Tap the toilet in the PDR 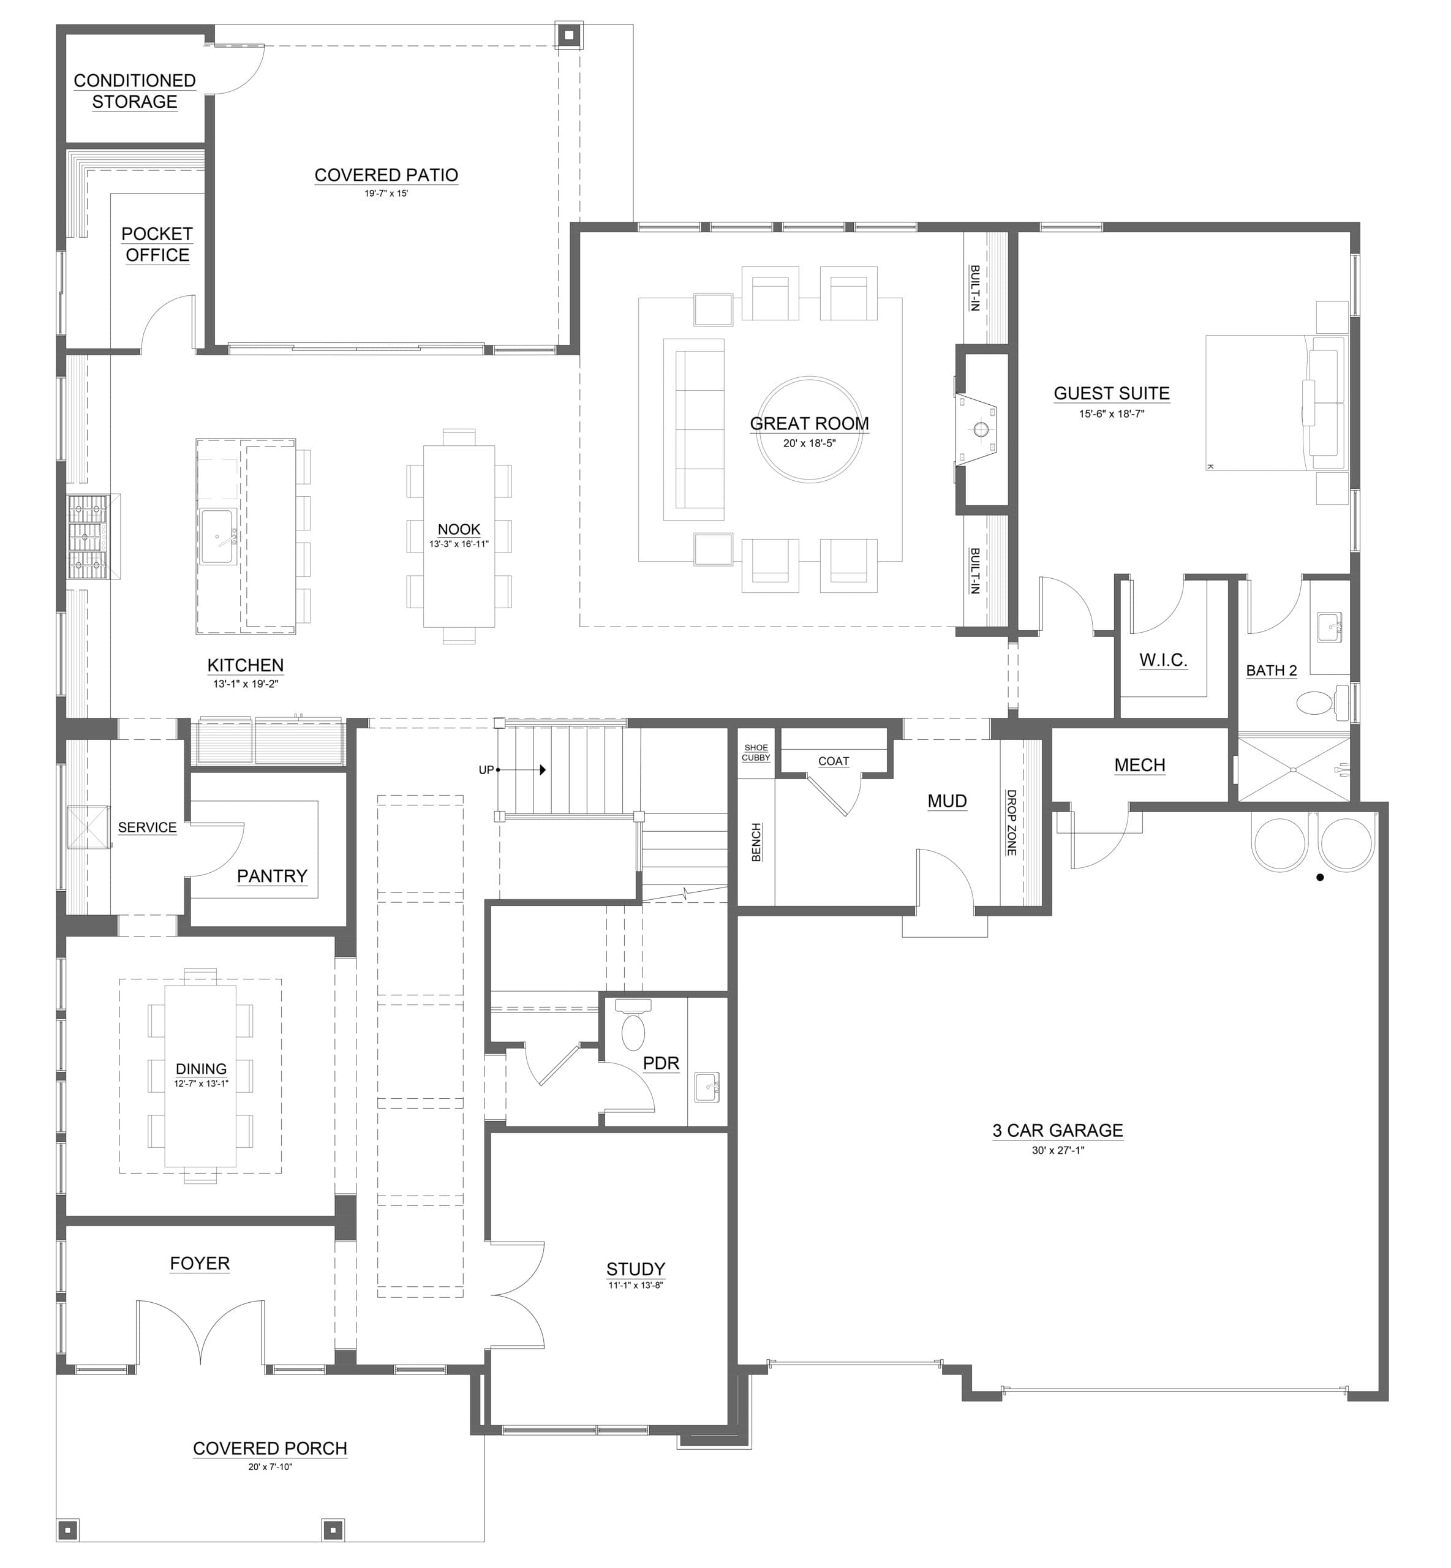click(x=633, y=1025)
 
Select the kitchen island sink click(x=217, y=537)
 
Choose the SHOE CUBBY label click(x=756, y=752)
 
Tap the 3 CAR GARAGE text click(x=1058, y=1130)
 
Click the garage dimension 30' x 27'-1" click(x=1058, y=1150)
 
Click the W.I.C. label click(x=1163, y=660)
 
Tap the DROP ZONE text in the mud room click(x=1011, y=822)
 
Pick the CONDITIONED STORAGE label click(x=135, y=91)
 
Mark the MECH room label click(x=1139, y=765)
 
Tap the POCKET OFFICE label click(x=157, y=244)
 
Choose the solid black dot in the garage click(x=1320, y=877)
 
